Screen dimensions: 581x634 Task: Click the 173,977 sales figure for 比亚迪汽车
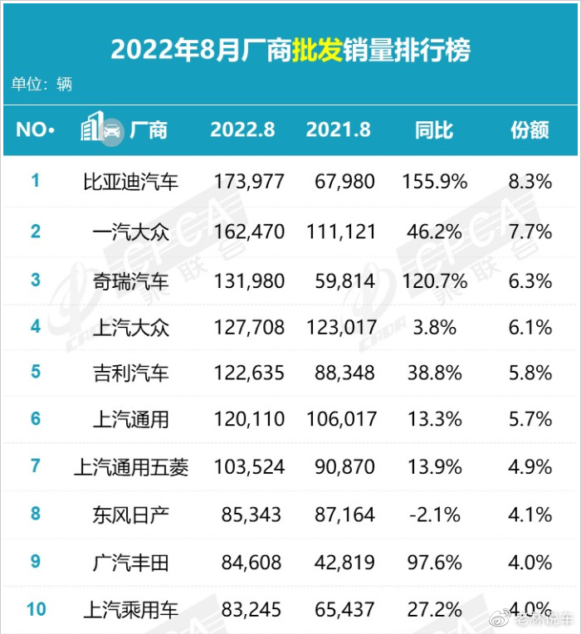pos(249,182)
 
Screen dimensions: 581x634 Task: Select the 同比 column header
pos(434,130)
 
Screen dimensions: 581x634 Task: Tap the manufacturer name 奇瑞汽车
pos(130,281)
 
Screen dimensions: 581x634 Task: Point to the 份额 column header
pos(530,130)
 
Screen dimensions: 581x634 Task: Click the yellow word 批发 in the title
pos(317,50)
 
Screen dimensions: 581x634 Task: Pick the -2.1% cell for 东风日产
pos(435,515)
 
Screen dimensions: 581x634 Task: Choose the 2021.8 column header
pos(339,130)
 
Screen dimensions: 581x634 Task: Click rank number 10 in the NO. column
pos(37,609)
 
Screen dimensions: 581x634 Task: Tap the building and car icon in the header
pos(101,127)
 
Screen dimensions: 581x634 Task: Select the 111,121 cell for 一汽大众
pos(341,232)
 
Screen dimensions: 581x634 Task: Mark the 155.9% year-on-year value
pos(435,182)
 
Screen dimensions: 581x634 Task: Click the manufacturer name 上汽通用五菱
pos(131,467)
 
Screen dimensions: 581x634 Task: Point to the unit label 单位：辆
pos(41,84)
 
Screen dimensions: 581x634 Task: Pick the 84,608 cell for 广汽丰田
pos(251,563)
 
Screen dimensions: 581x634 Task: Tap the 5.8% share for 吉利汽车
pos(530,373)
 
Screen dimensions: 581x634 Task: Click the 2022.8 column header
pos(242,130)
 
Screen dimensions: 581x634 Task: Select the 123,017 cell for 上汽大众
pos(342,327)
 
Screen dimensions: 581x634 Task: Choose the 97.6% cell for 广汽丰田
pos(435,563)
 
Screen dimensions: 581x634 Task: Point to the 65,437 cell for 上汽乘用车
pos(344,609)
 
